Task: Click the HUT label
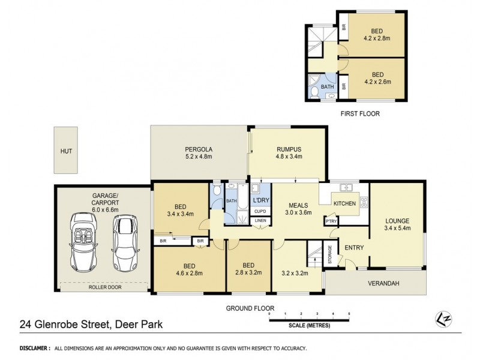(65, 152)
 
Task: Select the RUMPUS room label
(289, 153)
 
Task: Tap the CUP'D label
(260, 211)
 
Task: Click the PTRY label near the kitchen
(331, 221)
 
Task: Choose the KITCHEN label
(344, 204)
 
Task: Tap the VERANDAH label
(385, 284)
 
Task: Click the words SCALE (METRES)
(309, 326)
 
